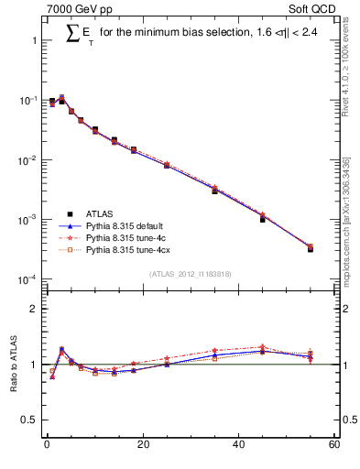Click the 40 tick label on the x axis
point(238,446)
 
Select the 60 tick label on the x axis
point(333,446)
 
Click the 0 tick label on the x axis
point(47,446)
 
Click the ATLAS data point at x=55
point(310,248)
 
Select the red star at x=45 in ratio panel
point(262,347)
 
